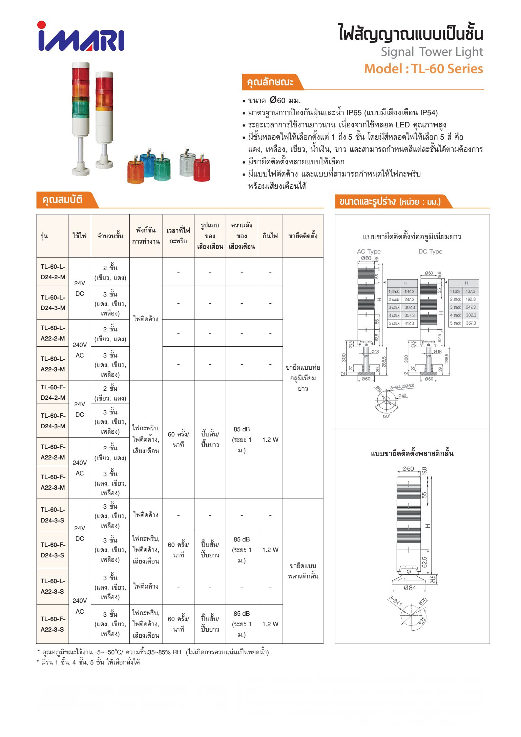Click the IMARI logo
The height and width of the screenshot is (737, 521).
(x=81, y=37)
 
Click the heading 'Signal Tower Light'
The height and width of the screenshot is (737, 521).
(x=432, y=52)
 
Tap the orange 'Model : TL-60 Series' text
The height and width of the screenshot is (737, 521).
(x=423, y=69)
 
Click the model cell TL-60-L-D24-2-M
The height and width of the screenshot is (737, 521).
(x=53, y=272)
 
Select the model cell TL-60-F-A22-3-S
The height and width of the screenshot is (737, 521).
(x=53, y=624)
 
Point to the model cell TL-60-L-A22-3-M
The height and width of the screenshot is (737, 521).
(x=53, y=364)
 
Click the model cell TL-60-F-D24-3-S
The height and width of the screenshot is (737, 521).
(x=53, y=550)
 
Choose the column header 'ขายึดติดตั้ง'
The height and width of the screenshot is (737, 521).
(x=303, y=236)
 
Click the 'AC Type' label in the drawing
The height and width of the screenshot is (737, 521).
(x=369, y=251)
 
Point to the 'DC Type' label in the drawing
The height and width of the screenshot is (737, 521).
(x=430, y=251)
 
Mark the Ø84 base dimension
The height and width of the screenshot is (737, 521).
(x=410, y=588)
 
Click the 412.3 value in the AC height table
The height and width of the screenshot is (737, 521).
(x=409, y=323)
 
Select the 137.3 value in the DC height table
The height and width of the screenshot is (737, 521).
(x=470, y=291)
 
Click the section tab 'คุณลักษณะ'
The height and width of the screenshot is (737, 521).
(x=270, y=82)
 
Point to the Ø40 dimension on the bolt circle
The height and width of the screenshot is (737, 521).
(x=402, y=395)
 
